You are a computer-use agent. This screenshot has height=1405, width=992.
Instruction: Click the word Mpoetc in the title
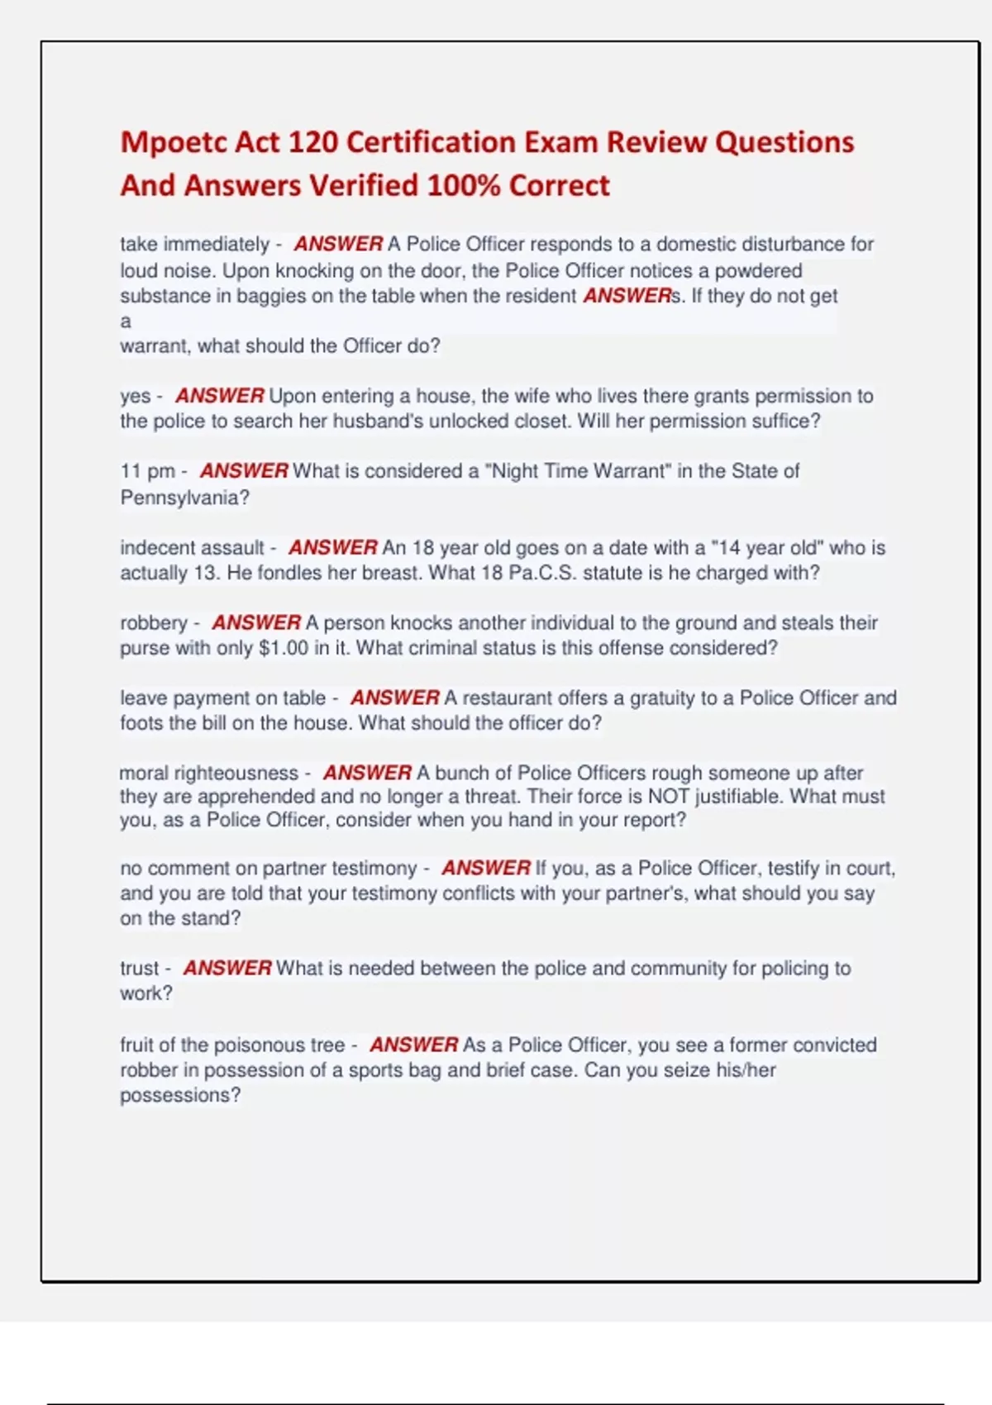[172, 143]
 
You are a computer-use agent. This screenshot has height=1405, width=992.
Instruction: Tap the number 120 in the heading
[312, 143]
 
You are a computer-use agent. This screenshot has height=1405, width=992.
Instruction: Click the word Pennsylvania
[184, 498]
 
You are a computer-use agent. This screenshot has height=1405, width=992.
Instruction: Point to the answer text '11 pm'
[147, 472]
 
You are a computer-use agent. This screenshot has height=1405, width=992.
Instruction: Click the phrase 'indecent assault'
[191, 548]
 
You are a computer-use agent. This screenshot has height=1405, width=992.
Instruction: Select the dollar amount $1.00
[284, 648]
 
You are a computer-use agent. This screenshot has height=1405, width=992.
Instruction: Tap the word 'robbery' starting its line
[154, 623]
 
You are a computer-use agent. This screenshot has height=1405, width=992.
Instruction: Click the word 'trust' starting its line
[139, 969]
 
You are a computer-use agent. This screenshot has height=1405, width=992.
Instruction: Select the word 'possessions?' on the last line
[180, 1096]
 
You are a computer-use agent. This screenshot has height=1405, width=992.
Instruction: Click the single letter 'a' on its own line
[126, 321]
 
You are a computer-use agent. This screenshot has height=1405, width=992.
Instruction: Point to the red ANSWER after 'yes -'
[219, 397]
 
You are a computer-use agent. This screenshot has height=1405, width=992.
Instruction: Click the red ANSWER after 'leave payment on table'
[394, 698]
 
